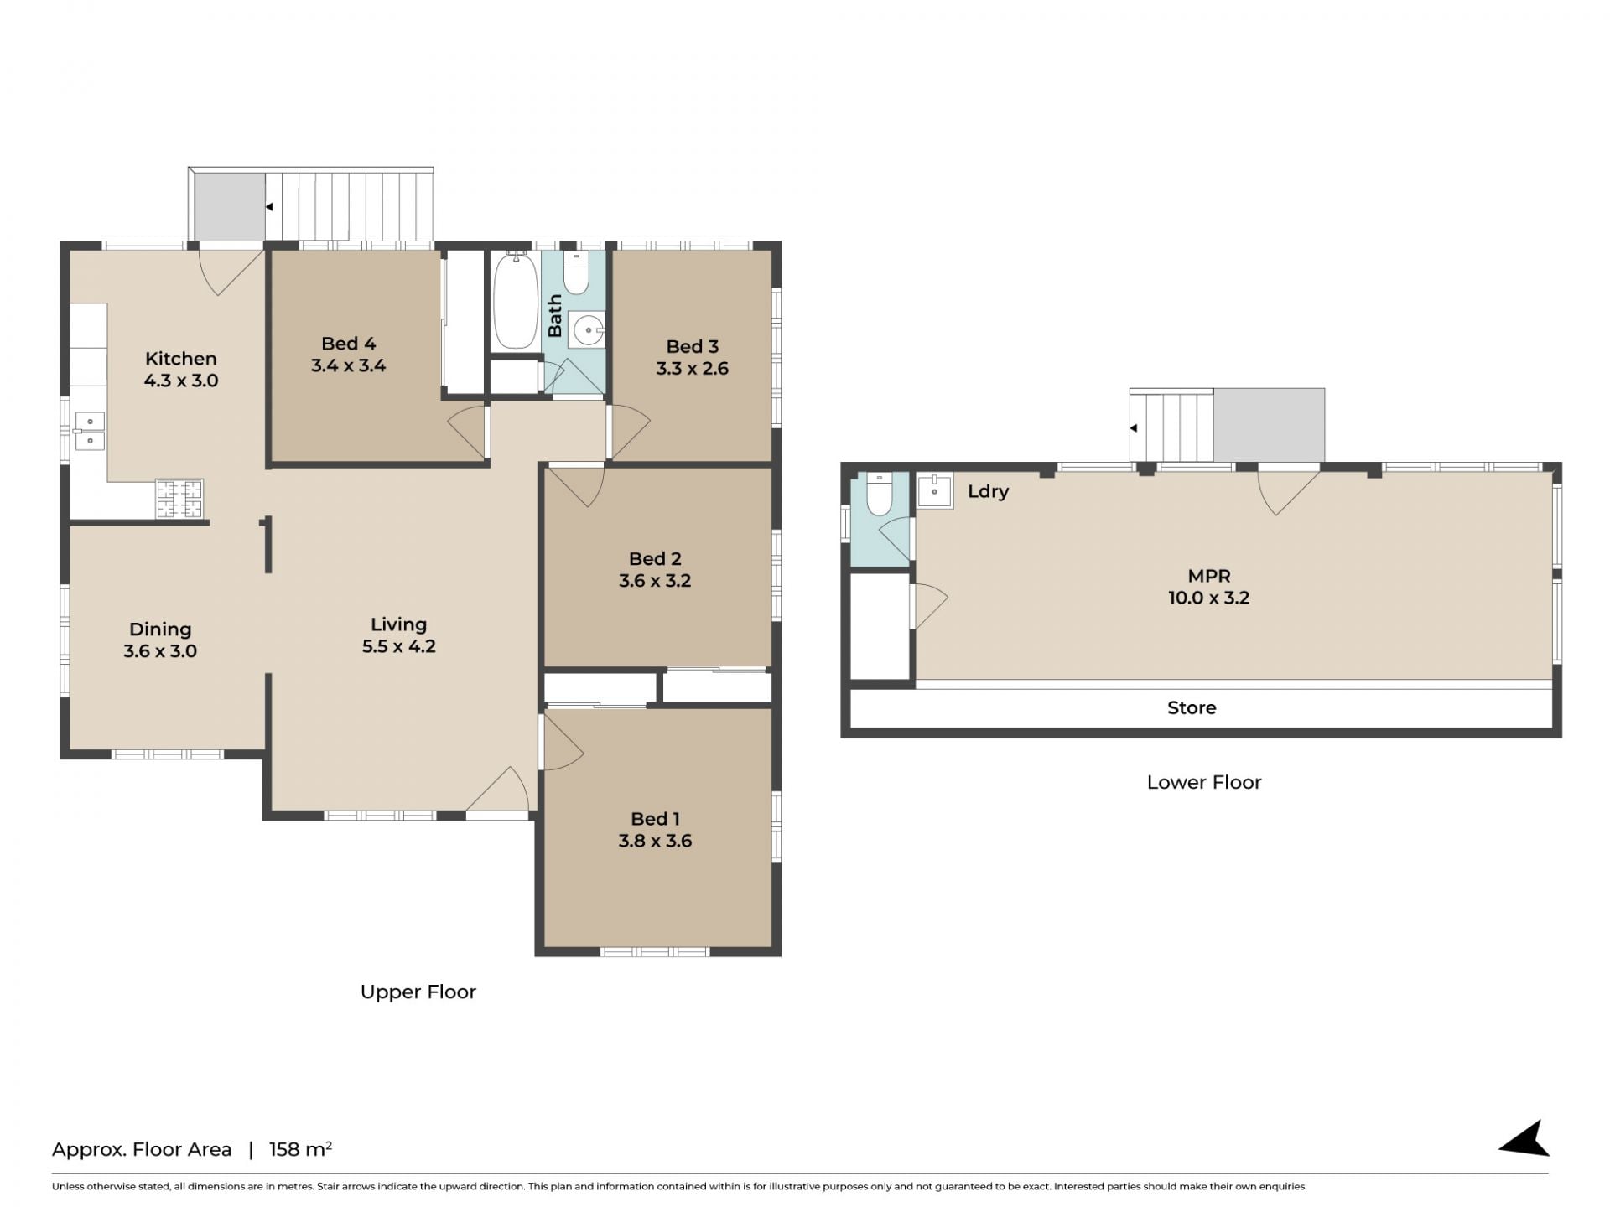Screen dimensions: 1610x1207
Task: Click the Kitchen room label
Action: tap(180, 359)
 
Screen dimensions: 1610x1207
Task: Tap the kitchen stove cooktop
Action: tap(179, 499)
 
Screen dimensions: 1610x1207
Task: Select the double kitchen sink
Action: tap(89, 432)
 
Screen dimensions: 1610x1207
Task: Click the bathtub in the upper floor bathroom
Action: tap(515, 300)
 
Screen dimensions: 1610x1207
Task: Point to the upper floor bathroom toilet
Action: tap(576, 272)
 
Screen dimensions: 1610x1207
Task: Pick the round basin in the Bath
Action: tap(587, 330)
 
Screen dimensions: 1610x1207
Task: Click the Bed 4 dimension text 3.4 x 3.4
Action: tap(348, 365)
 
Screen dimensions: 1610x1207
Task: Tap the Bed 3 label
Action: tap(692, 346)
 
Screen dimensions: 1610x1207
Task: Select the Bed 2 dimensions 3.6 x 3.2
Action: tap(655, 581)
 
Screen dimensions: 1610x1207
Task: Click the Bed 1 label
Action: tap(655, 819)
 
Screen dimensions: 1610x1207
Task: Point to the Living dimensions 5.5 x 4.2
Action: tap(398, 646)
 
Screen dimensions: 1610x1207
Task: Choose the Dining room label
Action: tap(160, 629)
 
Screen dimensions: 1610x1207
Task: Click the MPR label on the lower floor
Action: tap(1209, 576)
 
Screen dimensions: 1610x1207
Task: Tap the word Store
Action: tap(1192, 707)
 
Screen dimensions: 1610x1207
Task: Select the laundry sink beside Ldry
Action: tap(934, 490)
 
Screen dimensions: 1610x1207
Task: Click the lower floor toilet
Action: tap(879, 495)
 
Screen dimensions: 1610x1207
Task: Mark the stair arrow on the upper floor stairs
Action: tap(269, 206)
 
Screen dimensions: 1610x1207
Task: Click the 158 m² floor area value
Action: tap(300, 1148)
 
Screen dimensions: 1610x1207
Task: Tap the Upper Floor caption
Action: tap(418, 992)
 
